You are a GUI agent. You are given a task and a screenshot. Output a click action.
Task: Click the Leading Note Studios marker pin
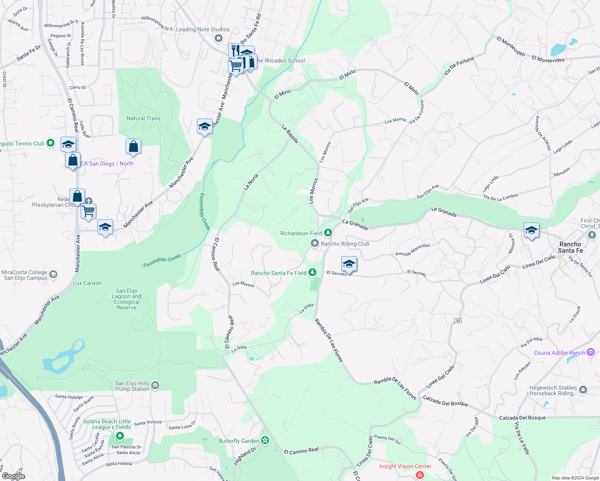pos(219,38)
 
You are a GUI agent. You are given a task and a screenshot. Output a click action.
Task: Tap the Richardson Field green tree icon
pos(328,233)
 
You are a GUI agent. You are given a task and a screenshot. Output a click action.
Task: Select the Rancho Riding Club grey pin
pos(315,243)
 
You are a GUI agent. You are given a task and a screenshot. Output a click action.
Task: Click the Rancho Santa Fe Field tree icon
pos(312,273)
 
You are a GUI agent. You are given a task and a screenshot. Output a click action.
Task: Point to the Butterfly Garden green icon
pos(265,441)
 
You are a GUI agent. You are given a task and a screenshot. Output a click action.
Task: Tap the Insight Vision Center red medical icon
pos(420,475)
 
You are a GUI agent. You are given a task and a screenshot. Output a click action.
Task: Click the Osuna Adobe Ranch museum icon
pos(590,352)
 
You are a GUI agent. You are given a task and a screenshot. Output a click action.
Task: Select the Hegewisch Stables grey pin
pos(583,390)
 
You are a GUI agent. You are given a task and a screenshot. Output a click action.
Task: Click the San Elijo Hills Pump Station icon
pos(155,386)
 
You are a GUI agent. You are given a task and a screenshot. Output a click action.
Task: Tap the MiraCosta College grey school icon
pos(53,275)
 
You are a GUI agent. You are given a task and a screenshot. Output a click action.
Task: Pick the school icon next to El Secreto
pos(349,265)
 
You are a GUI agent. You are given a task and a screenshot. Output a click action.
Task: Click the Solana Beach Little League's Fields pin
pos(120,435)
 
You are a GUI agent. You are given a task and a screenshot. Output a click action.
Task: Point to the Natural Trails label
pos(143,118)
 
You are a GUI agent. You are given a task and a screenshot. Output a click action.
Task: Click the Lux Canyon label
pos(87,283)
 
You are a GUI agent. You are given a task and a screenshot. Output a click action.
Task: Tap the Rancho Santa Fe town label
pos(570,247)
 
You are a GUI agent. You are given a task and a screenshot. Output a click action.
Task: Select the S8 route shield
pos(458,320)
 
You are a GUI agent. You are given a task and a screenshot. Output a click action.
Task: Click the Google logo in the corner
pos(13,476)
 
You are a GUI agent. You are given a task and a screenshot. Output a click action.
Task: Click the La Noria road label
pos(251,182)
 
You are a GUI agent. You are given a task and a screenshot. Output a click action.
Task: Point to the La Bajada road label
pos(290,133)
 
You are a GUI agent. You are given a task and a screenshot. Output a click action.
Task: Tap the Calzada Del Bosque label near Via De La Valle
pos(522,418)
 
